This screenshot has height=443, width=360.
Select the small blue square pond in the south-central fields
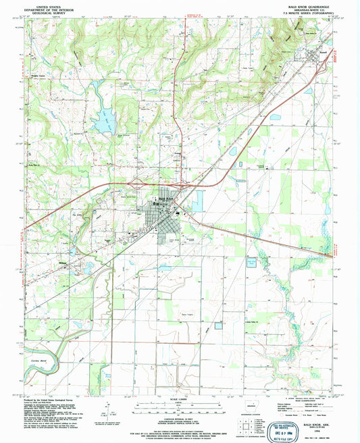coord(218,326)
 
